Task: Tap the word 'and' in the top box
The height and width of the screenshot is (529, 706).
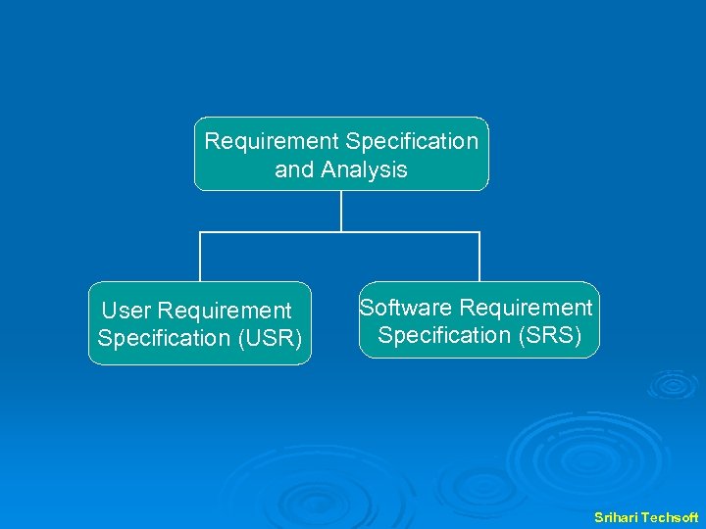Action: tap(294, 169)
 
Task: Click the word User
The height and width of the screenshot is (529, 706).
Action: tap(126, 311)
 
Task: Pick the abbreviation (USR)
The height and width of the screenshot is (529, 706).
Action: tap(268, 338)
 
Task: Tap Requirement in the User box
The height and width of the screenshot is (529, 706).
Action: tap(225, 311)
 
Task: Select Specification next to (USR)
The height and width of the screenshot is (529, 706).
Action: tap(163, 338)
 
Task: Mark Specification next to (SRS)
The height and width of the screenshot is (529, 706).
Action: tap(444, 335)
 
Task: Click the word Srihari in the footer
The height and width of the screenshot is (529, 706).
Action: tap(616, 516)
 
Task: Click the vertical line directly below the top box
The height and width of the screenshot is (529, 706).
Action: tap(341, 211)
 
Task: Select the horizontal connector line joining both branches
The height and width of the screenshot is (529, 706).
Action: tap(412, 232)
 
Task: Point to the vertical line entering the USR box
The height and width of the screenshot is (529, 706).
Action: tap(200, 258)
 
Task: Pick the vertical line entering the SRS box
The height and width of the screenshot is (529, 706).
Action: tap(479, 258)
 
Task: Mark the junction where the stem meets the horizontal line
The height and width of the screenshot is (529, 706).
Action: tap(341, 232)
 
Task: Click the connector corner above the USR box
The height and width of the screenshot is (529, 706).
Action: tap(200, 232)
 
